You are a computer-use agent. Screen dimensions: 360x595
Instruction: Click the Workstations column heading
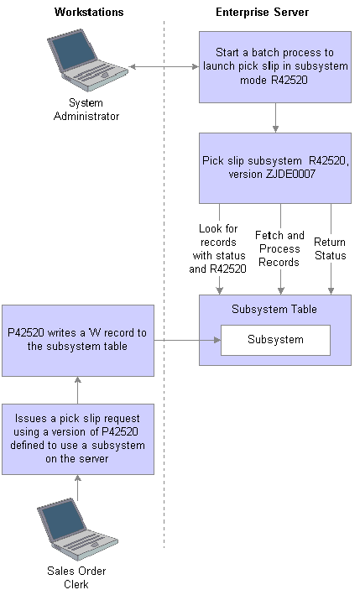point(89,12)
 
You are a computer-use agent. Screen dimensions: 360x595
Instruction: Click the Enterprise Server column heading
point(262,12)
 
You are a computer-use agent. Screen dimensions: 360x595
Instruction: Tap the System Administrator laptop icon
point(87,60)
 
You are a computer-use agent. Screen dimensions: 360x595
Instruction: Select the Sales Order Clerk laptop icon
point(77,529)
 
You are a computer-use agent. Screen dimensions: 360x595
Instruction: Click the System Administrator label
point(86,109)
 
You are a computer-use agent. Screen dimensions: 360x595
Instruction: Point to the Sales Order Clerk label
point(76,577)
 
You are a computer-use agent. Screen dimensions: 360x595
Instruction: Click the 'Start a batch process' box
point(275,67)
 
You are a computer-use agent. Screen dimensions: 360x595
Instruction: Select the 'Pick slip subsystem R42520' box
point(275,168)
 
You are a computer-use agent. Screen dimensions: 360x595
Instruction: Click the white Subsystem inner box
point(275,340)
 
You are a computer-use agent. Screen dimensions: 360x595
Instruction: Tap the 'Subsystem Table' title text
point(274,310)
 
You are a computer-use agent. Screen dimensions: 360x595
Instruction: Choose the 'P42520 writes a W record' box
point(78,341)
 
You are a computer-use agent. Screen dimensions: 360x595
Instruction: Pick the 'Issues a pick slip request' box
point(78,439)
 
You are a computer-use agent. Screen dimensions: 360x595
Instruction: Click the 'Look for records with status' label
point(217,249)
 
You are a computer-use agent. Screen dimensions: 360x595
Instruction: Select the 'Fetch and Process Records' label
point(279,249)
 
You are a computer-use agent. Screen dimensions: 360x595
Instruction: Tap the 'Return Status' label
point(330,249)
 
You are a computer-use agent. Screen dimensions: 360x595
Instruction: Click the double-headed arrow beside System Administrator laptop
point(164,67)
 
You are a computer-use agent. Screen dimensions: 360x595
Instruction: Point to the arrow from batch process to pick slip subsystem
point(275,117)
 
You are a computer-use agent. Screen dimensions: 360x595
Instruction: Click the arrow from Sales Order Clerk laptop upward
point(78,488)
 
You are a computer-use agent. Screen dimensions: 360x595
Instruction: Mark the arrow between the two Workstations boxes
point(78,390)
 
